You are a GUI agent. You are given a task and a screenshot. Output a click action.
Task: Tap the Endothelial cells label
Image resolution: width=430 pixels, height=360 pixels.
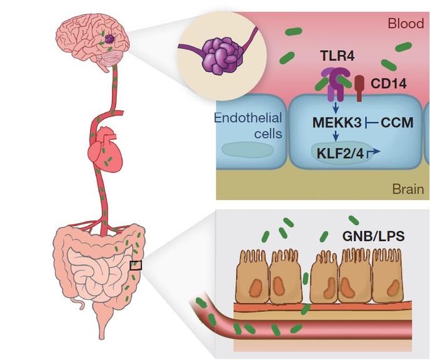point(248,126)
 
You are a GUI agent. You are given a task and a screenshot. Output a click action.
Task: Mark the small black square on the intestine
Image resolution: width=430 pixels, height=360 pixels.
point(136,265)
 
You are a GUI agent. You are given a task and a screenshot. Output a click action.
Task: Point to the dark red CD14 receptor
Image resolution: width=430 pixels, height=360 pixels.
point(360,88)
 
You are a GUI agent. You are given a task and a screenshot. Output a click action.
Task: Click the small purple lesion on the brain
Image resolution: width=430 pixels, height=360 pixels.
point(109,39)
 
